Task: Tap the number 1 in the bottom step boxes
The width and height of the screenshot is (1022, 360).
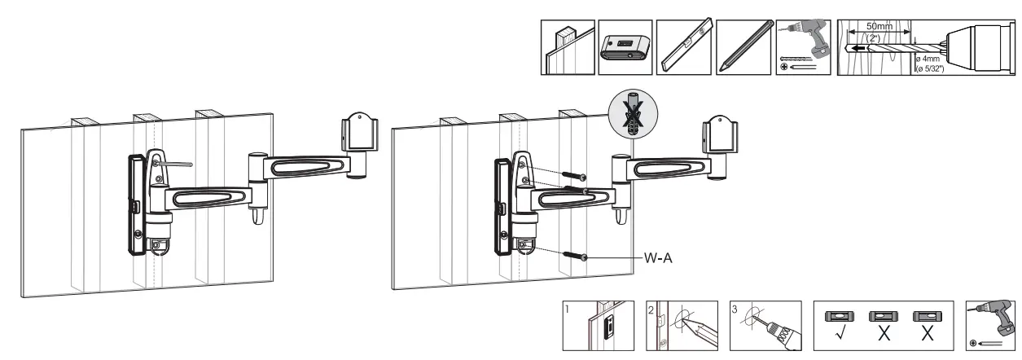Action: coord(569,309)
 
